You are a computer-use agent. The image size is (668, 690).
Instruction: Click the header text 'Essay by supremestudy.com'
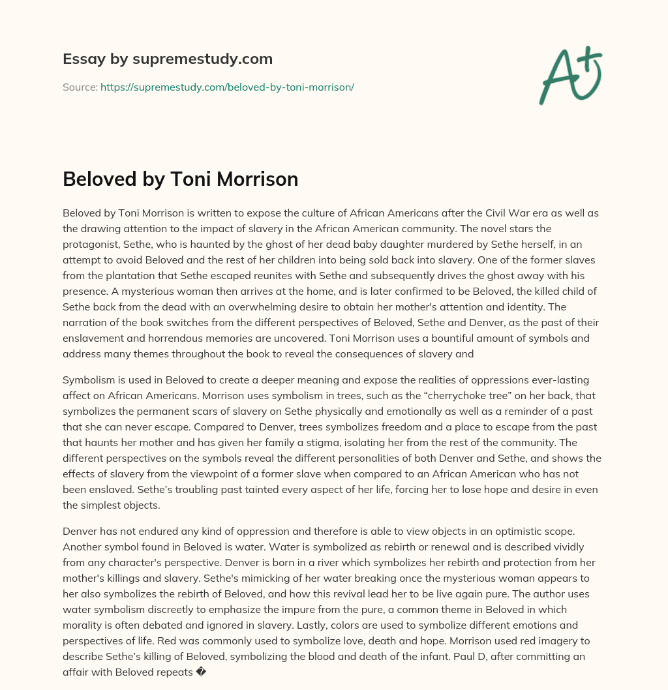click(167, 59)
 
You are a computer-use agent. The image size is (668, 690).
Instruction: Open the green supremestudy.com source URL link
click(227, 87)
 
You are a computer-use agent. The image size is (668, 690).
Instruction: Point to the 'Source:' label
click(80, 87)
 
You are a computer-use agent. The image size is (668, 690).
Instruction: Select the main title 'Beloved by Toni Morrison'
click(180, 179)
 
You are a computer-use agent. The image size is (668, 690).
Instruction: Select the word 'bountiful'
click(454, 338)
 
